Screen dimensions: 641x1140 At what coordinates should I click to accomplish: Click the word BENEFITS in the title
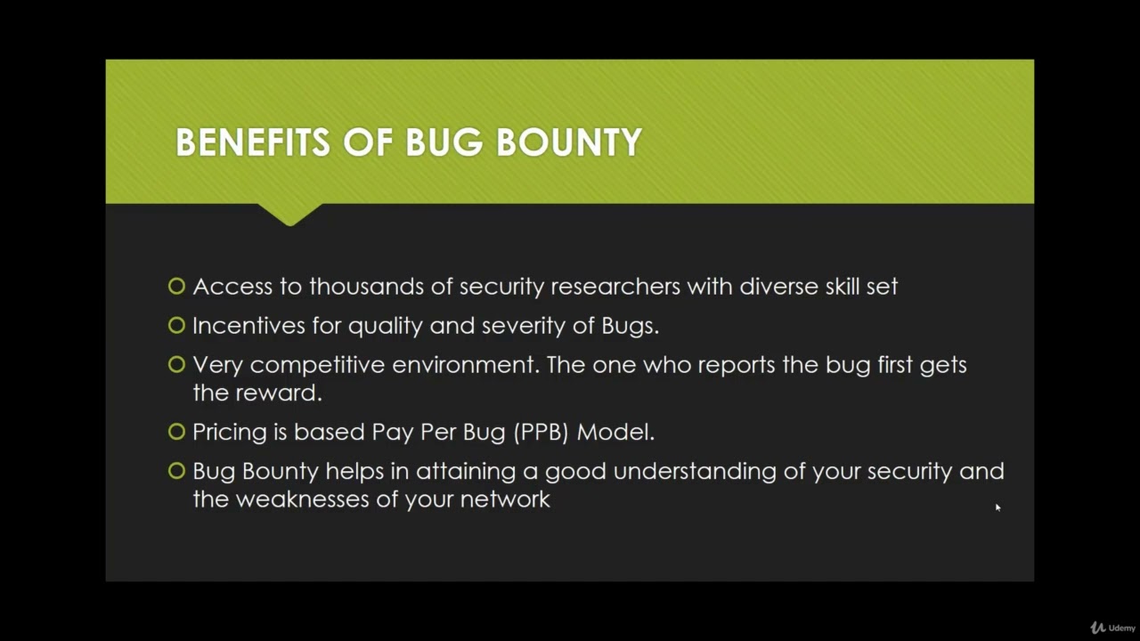pyautogui.click(x=253, y=142)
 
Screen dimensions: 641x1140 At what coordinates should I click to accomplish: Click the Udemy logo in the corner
pyautogui.click(x=1112, y=628)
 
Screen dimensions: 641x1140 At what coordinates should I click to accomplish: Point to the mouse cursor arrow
pyautogui.click(x=997, y=507)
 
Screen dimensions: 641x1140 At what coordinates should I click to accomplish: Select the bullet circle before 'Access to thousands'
pyautogui.click(x=176, y=286)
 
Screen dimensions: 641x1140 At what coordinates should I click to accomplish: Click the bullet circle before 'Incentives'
pyautogui.click(x=176, y=325)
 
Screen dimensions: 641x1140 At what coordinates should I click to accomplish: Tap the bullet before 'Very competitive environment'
pyautogui.click(x=176, y=364)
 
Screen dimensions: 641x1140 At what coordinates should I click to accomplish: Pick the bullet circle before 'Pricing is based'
pyautogui.click(x=176, y=432)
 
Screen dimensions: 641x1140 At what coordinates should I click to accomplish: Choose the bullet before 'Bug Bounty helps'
pyautogui.click(x=176, y=471)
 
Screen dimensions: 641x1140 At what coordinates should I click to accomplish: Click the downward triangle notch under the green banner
pyautogui.click(x=289, y=215)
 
